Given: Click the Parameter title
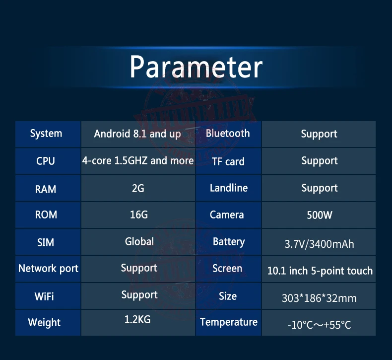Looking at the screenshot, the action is point(196,67).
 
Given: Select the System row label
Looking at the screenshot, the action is point(46,134).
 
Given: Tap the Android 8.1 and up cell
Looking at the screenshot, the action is point(137,134).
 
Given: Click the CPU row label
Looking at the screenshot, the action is point(46,161).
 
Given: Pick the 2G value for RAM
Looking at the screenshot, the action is point(138,188).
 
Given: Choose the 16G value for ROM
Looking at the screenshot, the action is point(139,215).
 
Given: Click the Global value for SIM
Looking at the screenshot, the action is point(139,241).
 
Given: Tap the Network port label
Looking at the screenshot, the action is point(48,269).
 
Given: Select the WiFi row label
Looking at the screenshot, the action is point(44,296).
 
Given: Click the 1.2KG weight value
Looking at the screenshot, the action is point(137,319).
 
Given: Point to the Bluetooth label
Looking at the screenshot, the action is point(228,134).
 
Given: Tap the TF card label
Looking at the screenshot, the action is point(228,161).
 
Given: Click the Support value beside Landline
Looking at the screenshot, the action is point(320,188).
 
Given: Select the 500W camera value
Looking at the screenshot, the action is point(320,215).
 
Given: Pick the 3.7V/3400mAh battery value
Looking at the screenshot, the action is point(319,244).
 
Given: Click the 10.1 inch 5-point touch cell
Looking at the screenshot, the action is point(320,271).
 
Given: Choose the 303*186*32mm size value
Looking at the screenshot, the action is point(319,298).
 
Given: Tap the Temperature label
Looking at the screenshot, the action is point(228,322).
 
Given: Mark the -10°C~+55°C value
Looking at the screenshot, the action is point(319,325).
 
